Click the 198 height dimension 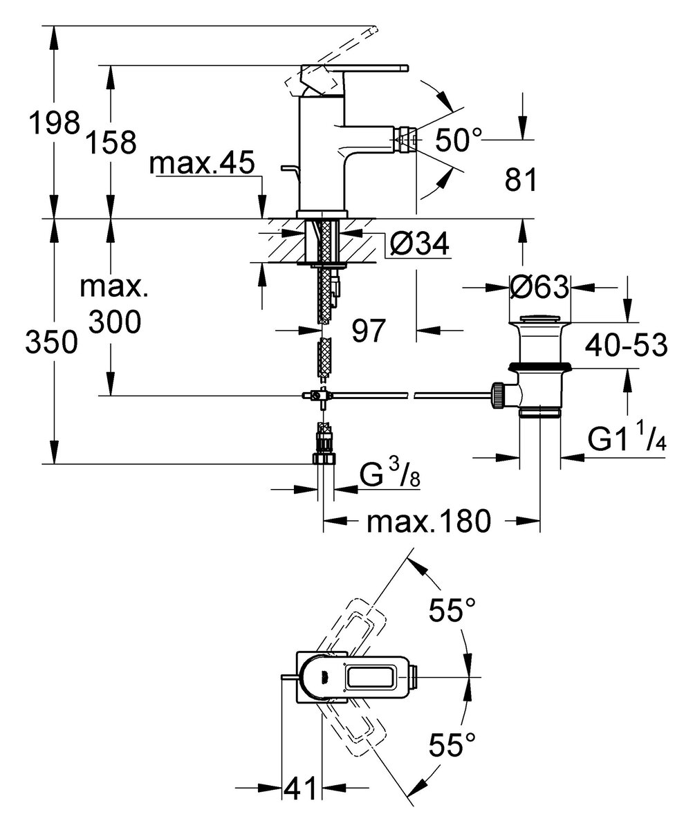53,124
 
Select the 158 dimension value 110,142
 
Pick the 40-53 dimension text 625,345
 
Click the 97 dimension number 367,331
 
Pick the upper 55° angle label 452,611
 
